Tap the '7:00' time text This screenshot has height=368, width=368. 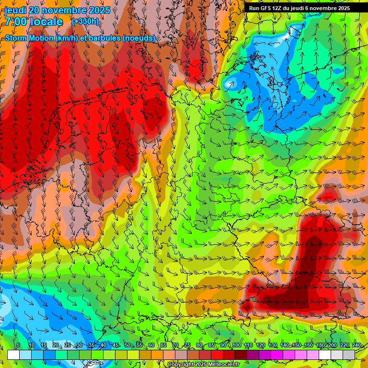click(16, 22)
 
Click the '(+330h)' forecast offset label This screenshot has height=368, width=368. click(85, 22)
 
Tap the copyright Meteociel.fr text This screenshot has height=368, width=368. click(203, 365)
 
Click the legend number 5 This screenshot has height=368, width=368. click(18, 345)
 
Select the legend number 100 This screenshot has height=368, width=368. click(236, 345)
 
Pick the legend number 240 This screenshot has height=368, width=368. click(356, 345)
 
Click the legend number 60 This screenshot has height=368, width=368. click(151, 345)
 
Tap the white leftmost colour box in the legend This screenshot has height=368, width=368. click(13, 355)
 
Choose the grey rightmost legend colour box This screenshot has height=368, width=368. click(349, 355)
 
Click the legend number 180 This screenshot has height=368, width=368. click(320, 345)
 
